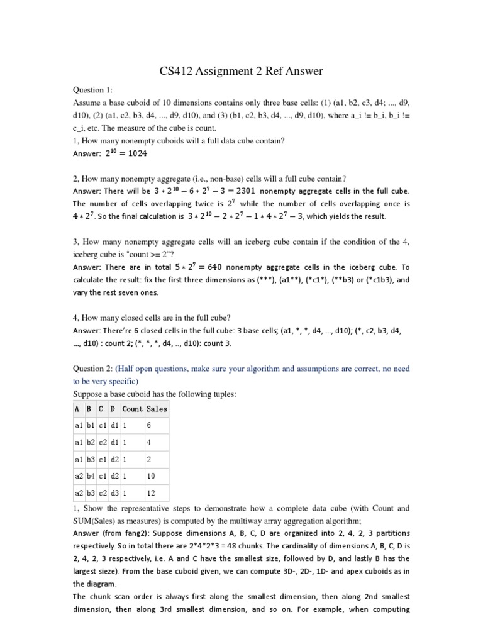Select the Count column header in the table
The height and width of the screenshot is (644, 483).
coord(132,409)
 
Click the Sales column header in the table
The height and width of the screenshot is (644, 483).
coord(157,409)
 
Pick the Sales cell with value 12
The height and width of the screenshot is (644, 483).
coord(150,492)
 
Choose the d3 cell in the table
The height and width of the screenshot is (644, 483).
coord(114,492)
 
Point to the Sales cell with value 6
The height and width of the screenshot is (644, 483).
coord(148,426)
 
